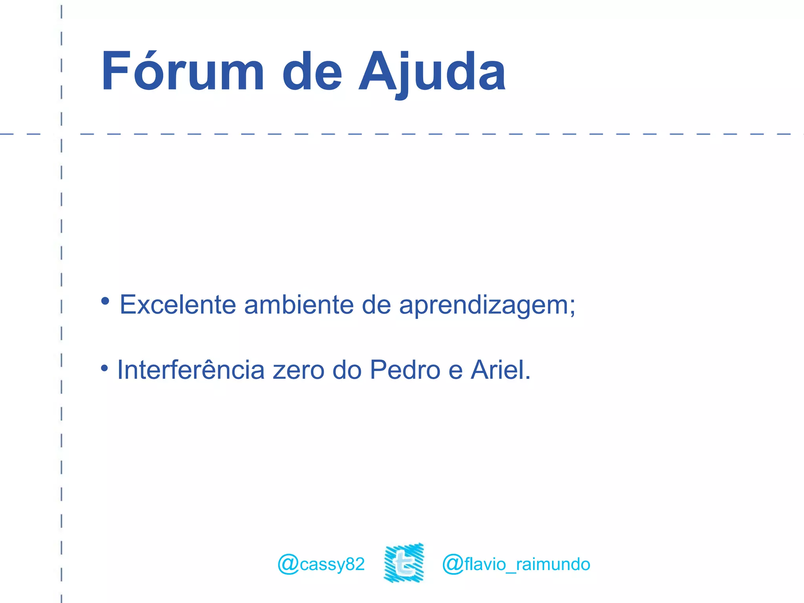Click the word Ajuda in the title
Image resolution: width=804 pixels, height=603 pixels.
432,73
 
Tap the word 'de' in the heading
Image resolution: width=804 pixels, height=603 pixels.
312,73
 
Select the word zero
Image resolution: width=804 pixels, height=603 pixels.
298,371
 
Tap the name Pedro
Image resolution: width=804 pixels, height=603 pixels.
405,370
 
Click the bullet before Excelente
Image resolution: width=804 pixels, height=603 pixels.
105,301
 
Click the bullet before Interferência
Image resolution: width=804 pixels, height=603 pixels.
104,368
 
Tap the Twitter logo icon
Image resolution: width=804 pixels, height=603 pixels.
404,563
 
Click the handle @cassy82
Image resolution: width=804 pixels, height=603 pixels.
321,564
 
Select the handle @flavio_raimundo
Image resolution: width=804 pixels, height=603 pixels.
516,564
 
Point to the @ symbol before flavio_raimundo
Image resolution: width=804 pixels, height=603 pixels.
453,565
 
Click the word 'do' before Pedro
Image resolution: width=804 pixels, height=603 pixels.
347,370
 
